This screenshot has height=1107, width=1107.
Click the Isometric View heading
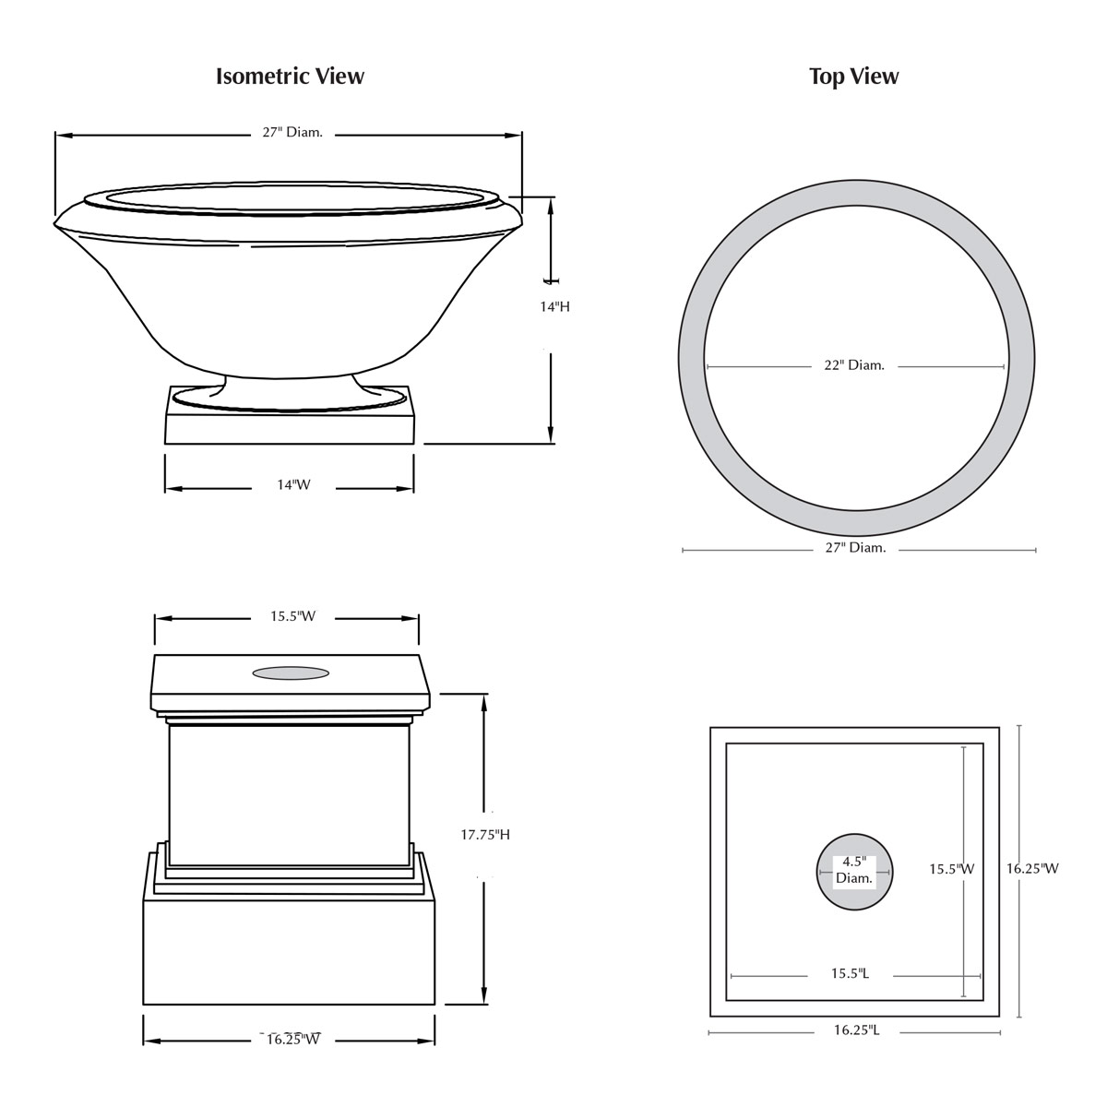click(290, 76)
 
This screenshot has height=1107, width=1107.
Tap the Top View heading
click(853, 76)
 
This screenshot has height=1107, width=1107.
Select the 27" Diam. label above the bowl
click(292, 133)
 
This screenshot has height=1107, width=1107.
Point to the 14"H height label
click(554, 306)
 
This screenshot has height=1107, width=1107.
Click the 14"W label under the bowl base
click(294, 485)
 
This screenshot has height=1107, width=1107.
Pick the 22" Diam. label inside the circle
click(853, 365)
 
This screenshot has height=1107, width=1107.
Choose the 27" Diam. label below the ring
click(855, 548)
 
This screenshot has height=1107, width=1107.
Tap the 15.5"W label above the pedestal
click(292, 616)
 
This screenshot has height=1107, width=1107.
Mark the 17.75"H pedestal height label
click(485, 835)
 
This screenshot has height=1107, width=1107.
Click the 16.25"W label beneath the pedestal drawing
click(293, 1040)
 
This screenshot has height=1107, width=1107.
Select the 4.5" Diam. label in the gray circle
click(853, 870)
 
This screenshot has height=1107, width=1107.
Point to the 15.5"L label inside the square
click(850, 973)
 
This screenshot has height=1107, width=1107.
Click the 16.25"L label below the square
click(856, 1030)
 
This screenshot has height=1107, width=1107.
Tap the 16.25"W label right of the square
click(1032, 868)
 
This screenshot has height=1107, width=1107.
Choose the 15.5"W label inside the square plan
click(951, 868)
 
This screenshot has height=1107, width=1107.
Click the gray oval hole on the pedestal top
click(291, 673)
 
